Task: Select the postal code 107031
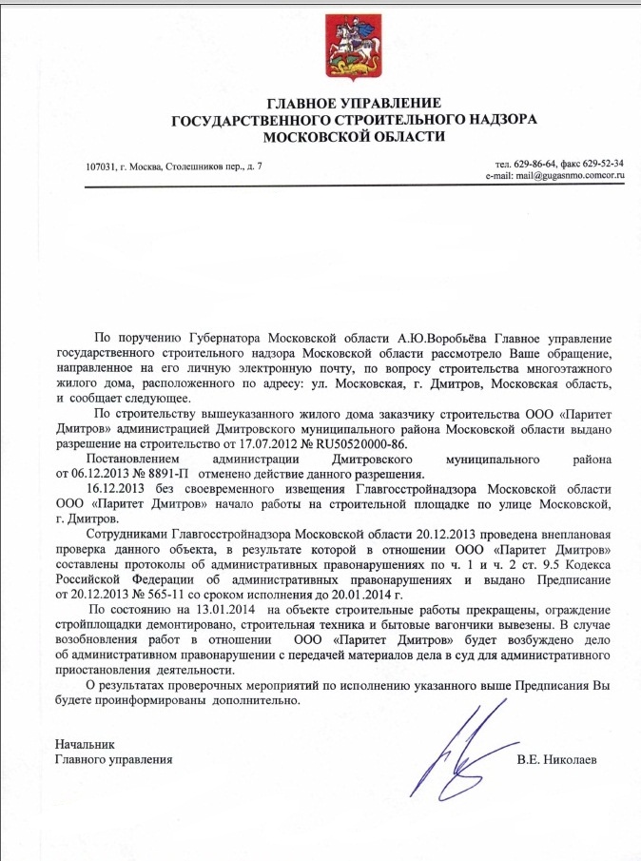(103, 167)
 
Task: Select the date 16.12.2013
(113, 489)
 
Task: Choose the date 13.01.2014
(226, 609)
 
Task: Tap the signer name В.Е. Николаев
(559, 760)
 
